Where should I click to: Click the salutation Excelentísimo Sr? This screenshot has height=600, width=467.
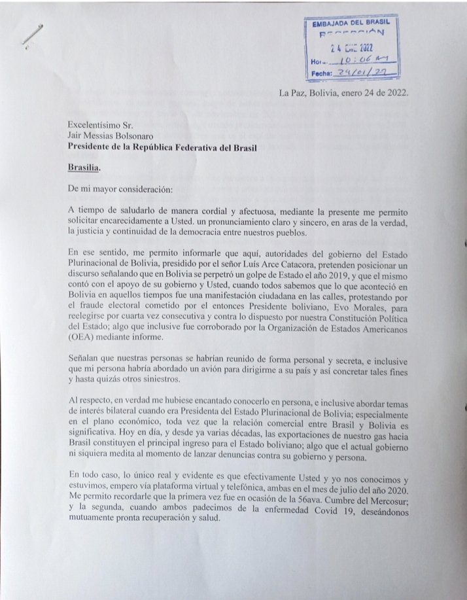coord(101,123)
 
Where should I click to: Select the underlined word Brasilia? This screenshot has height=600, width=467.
coord(84,167)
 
